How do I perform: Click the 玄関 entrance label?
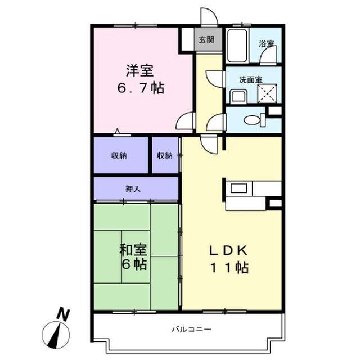coord(206,39)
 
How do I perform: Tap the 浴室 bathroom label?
coord(265,43)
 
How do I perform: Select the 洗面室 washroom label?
coord(251,80)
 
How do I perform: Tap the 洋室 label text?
coord(138,71)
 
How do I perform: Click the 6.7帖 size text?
coord(141,89)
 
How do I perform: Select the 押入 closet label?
coord(133,189)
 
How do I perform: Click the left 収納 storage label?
coord(119,155)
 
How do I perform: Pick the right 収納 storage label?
coord(164,155)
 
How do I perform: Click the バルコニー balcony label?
coord(187,328)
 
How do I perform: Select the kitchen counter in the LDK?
coord(251,188)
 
